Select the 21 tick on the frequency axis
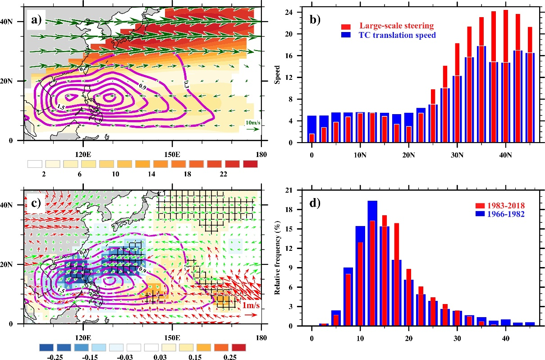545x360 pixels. [296, 190]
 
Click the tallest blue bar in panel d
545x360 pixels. [372, 263]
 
